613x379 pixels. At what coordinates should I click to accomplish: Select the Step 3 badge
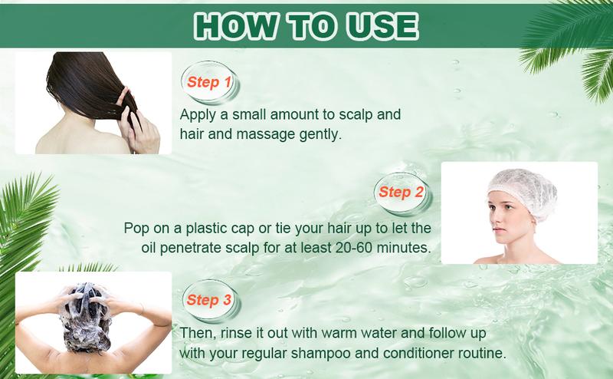coord(208,299)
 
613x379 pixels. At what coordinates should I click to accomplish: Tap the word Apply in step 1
coord(198,115)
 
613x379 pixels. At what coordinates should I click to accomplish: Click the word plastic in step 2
coord(215,228)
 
